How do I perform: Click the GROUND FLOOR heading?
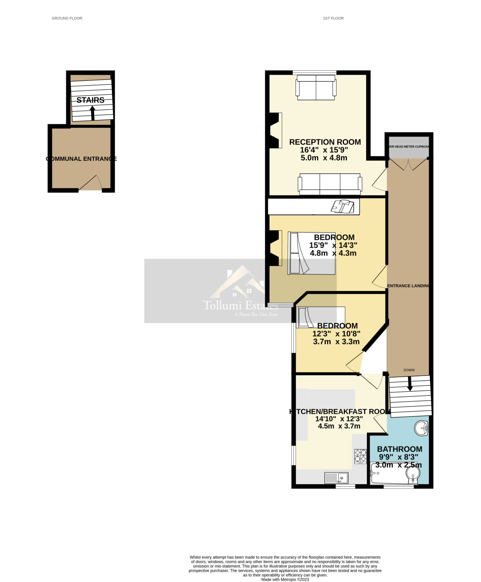[67, 18]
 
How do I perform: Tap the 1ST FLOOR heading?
[333, 18]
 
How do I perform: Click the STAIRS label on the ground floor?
[90, 100]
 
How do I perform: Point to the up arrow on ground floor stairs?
[92, 113]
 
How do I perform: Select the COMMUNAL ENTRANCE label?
[81, 159]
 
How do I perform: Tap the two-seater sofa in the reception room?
[316, 87]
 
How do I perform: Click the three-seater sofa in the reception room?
[330, 184]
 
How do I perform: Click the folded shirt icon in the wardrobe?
[343, 206]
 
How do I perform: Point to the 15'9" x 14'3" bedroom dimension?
[333, 245]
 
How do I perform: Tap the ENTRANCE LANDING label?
[408, 286]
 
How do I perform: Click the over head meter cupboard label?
[409, 147]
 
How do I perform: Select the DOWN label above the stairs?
[409, 370]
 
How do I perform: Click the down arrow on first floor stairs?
[410, 384]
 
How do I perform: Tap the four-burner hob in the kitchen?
[360, 456]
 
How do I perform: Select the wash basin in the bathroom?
[421, 428]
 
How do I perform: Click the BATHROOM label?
[400, 449]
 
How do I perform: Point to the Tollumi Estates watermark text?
[240, 305]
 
